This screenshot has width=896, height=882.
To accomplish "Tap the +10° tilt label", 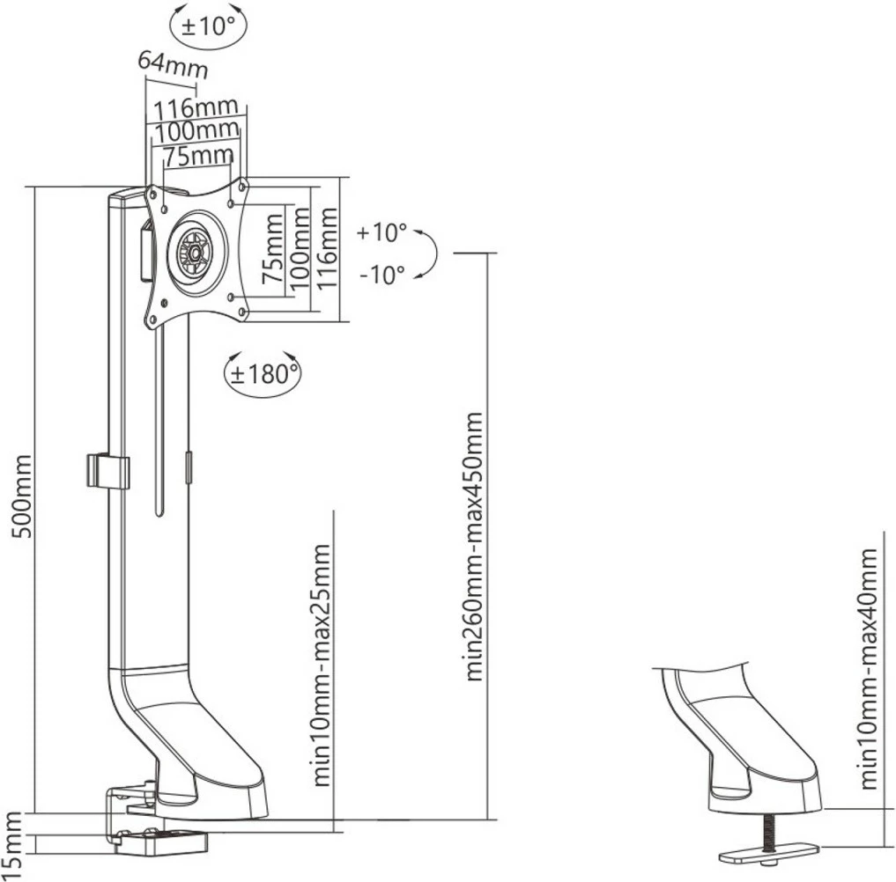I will (x=381, y=233).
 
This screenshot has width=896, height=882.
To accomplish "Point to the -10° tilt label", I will (x=381, y=273).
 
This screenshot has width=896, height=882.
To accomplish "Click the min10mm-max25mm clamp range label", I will (x=322, y=665).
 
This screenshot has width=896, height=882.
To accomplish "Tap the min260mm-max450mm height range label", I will (x=475, y=546).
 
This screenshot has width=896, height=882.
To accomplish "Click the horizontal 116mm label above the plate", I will (x=196, y=109).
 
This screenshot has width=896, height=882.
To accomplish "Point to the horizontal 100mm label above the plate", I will (x=196, y=132).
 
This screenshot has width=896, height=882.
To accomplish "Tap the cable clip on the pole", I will (x=107, y=472).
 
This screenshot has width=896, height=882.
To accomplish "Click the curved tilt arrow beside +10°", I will (x=429, y=254).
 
